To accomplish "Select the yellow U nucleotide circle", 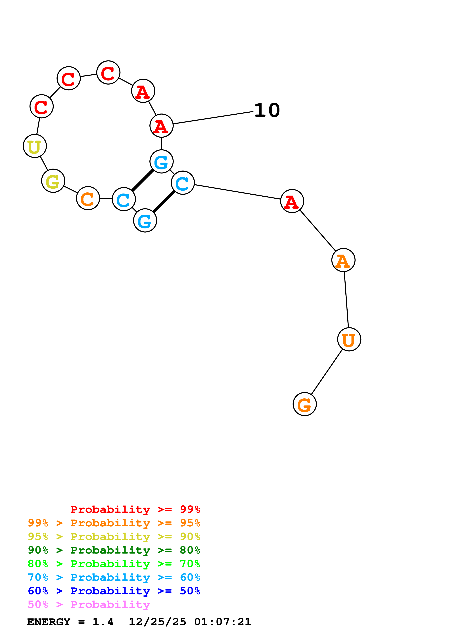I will (x=35, y=146).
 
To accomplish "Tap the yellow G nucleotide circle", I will (x=53, y=181).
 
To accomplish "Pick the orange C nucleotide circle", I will (x=88, y=198).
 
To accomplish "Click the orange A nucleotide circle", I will (x=343, y=260).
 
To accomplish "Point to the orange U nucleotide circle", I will (x=349, y=339).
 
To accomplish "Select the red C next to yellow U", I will (x=41, y=106).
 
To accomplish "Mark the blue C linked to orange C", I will (x=124, y=199).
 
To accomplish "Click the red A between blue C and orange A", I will (x=292, y=201).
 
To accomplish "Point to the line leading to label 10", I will (x=213, y=117).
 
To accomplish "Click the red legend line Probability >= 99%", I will (x=135, y=509).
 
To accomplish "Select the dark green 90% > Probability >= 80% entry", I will (x=114, y=550).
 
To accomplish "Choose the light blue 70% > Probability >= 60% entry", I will (x=114, y=577).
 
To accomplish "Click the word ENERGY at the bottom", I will (x=49, y=622).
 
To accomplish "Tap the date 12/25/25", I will (x=157, y=622).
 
